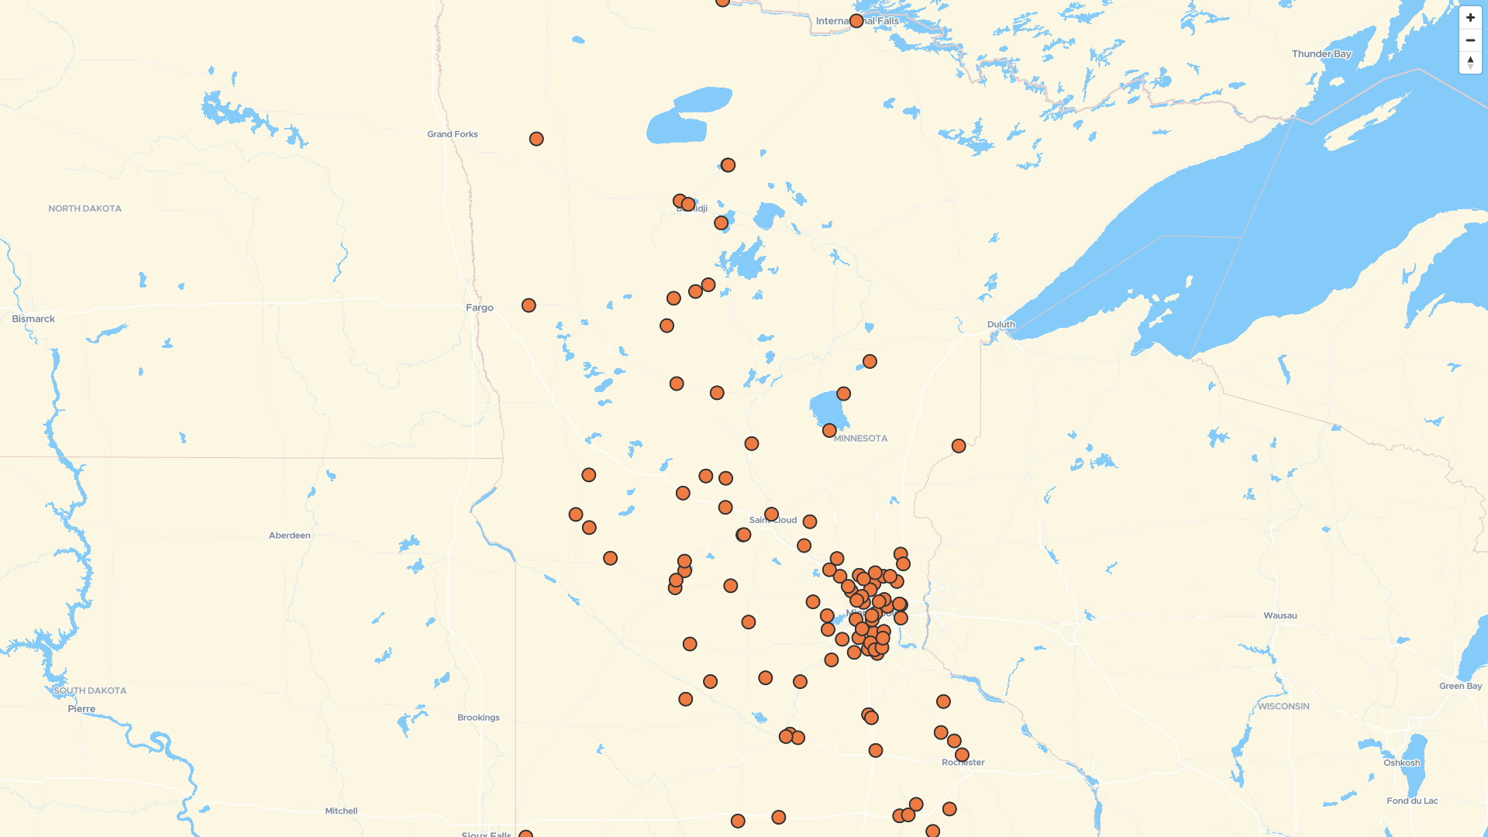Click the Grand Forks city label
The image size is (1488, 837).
coord(452,134)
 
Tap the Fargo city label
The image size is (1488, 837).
coord(479,308)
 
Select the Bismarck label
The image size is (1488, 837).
coord(33,319)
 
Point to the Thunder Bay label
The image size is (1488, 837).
coord(1321,53)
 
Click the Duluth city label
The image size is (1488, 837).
coord(1001,324)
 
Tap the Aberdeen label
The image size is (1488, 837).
coord(289,536)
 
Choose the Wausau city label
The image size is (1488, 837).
coord(1280,615)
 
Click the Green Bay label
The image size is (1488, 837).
coord(1460,686)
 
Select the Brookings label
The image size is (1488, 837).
coord(478,718)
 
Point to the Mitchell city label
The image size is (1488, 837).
coord(341,811)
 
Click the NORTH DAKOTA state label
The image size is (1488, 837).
coord(84,208)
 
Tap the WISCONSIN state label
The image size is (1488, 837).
coord(1283,706)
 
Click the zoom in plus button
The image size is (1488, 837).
coord(1469,18)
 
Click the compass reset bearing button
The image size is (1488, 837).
coord(1469,63)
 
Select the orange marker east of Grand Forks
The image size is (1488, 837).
coord(536,139)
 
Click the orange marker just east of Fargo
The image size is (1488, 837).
coord(529,305)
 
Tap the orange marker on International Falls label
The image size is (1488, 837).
coord(856,21)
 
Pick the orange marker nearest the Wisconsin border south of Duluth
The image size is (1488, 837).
coord(959,446)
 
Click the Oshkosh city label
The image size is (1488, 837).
coord(1401,763)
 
